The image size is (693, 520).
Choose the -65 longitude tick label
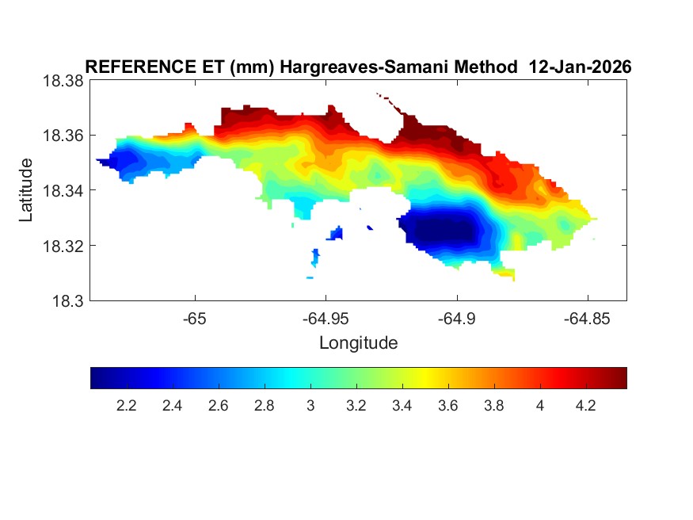click(x=195, y=319)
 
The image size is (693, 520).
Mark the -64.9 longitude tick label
click(x=456, y=319)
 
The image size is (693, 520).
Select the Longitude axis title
click(x=358, y=343)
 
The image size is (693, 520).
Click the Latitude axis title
click(x=26, y=190)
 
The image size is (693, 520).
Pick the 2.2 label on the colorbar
click(x=127, y=406)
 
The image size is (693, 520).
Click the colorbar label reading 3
click(x=310, y=406)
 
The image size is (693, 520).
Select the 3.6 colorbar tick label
click(x=447, y=406)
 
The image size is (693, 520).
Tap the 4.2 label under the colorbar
click(x=585, y=406)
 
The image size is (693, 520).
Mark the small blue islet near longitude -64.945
click(x=337, y=233)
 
